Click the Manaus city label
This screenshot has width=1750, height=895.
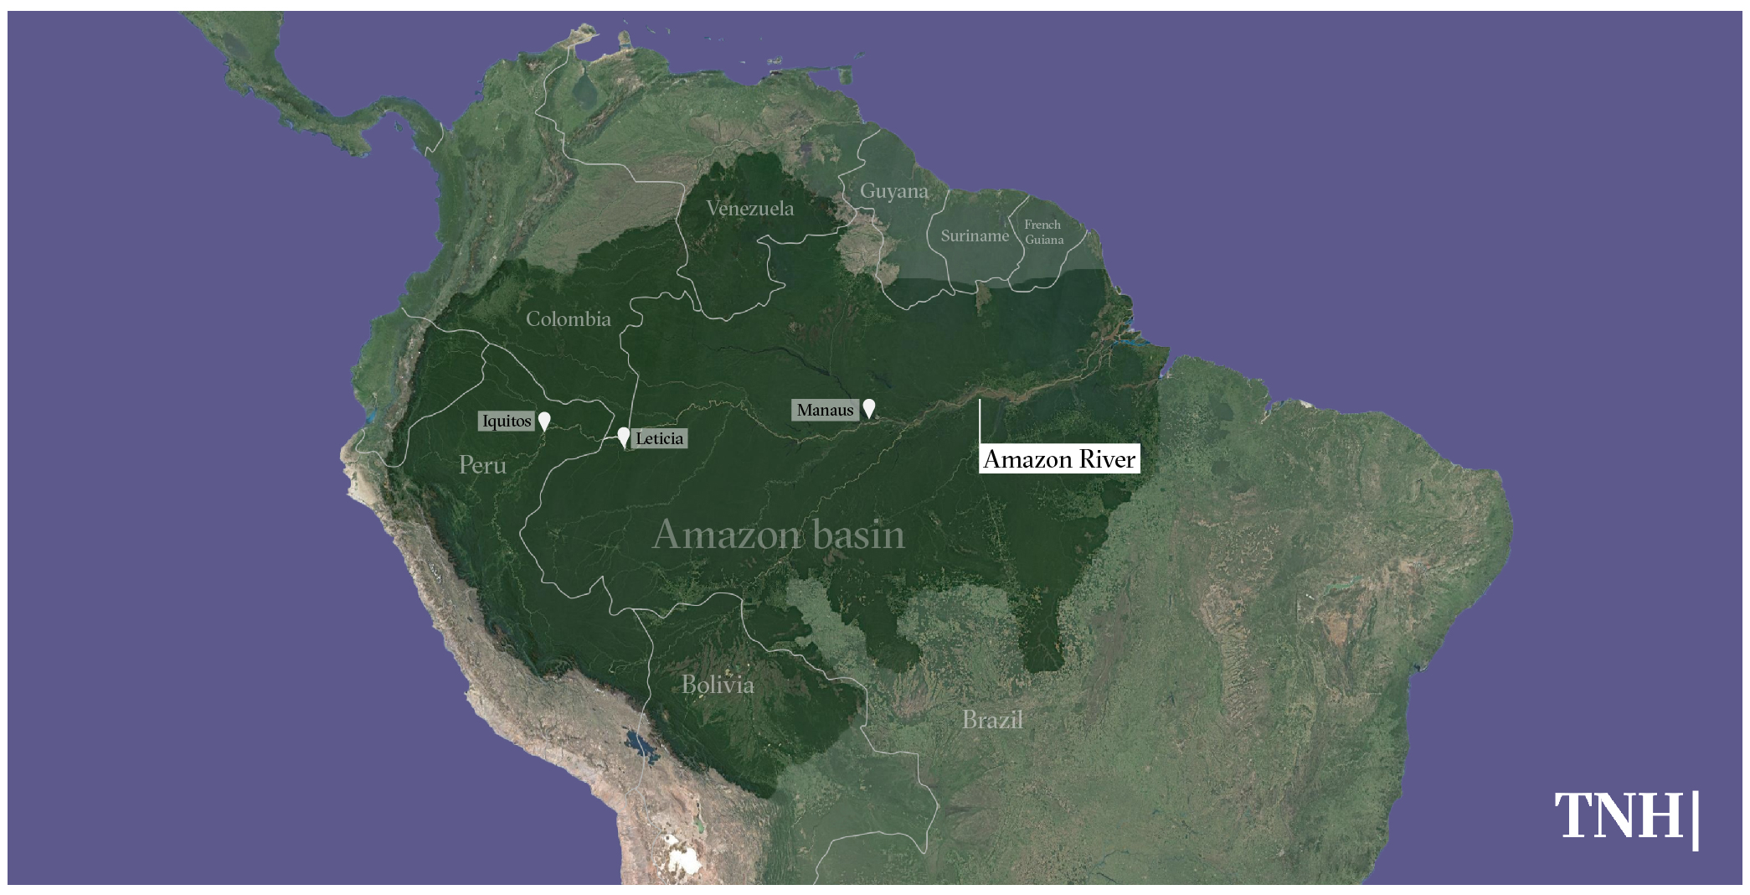click(x=825, y=410)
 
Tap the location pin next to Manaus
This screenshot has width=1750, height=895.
click(x=869, y=407)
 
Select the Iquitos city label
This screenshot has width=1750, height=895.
click(x=506, y=421)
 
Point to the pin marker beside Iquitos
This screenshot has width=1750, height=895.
click(x=544, y=420)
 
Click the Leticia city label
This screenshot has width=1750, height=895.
click(x=659, y=438)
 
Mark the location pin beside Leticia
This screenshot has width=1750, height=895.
click(x=623, y=436)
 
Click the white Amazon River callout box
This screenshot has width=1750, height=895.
click(x=1059, y=459)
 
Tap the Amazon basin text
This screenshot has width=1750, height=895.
click(x=778, y=535)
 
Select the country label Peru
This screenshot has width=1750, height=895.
click(x=482, y=465)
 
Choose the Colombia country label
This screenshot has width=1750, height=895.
click(x=568, y=319)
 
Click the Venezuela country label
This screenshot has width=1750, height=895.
click(x=749, y=209)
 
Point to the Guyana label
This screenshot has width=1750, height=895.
click(x=893, y=191)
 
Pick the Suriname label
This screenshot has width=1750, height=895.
click(x=974, y=235)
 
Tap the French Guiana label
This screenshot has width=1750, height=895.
click(x=1043, y=232)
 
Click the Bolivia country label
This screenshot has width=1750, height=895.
click(x=718, y=685)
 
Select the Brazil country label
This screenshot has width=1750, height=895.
click(x=992, y=720)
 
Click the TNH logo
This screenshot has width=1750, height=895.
click(x=1625, y=816)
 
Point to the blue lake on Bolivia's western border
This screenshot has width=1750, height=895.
click(x=639, y=744)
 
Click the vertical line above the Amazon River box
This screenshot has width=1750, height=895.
click(x=980, y=421)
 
